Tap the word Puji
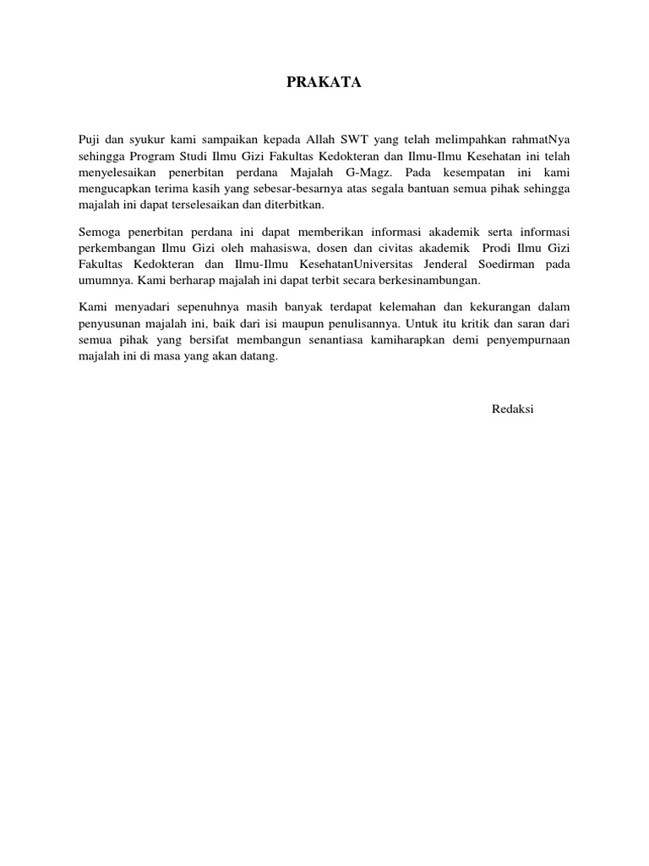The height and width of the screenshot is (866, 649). [89, 138]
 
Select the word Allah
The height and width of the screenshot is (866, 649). [322, 138]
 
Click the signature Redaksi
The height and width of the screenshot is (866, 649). [513, 409]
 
